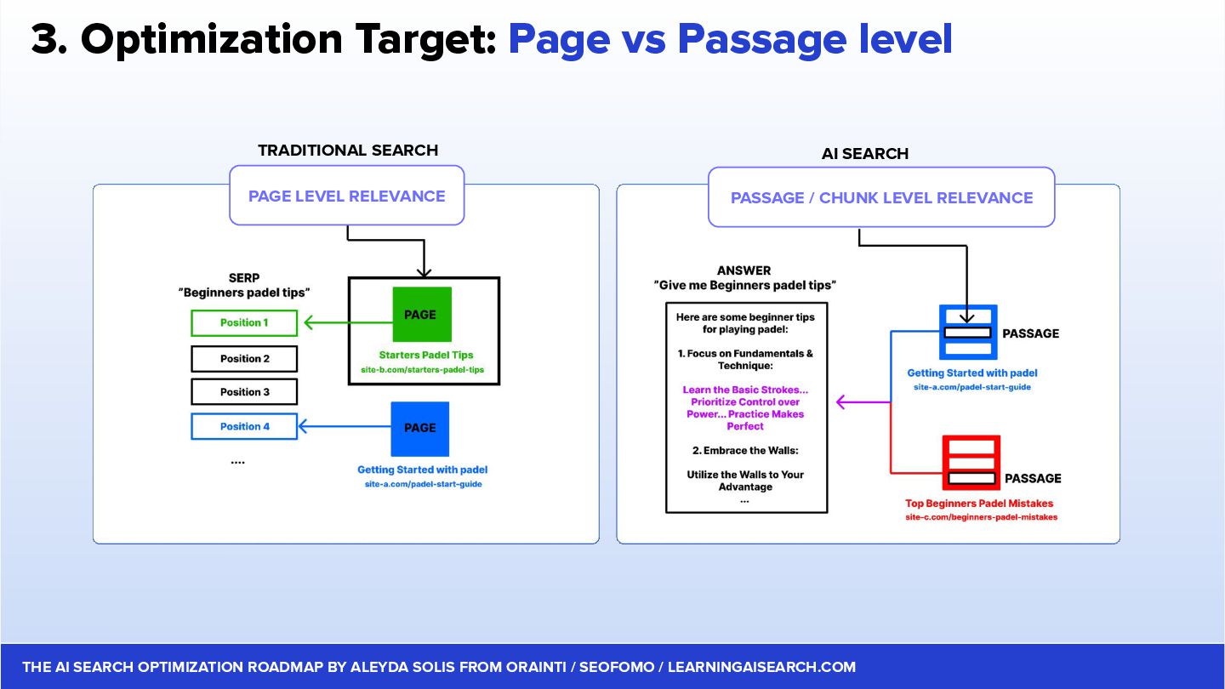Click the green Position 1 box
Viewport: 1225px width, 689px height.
[244, 323]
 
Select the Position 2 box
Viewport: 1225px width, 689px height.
[244, 359]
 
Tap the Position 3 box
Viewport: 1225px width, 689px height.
[244, 392]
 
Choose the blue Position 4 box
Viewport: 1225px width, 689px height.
[244, 426]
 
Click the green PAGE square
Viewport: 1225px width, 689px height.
[421, 315]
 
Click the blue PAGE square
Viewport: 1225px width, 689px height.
[419, 429]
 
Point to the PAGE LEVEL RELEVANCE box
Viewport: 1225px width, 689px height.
[347, 196]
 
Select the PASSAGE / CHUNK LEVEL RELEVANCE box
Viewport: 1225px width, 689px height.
[881, 197]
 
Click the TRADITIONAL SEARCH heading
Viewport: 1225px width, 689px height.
[348, 151]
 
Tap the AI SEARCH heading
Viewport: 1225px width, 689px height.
[865, 154]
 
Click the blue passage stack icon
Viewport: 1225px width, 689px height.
[968, 333]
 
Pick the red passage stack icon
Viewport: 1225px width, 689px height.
[971, 463]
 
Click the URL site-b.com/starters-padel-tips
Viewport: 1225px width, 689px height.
[423, 370]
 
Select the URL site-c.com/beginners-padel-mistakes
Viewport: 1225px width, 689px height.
[981, 517]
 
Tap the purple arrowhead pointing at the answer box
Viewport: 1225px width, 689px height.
[842, 401]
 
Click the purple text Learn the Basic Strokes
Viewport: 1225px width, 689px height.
[745, 390]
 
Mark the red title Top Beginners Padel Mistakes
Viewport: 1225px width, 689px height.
[979, 504]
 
